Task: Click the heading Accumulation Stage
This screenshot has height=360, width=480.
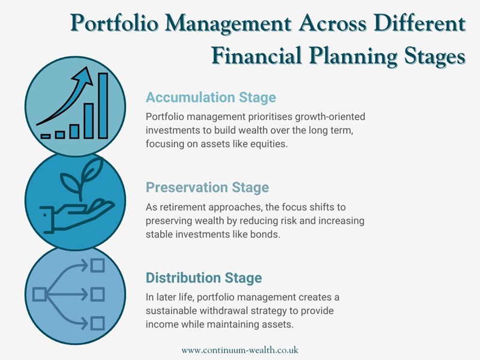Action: click(x=211, y=97)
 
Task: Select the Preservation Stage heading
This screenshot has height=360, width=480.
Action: click(x=207, y=188)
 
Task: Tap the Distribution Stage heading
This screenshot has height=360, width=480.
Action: click(x=203, y=278)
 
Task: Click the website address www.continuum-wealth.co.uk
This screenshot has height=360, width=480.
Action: click(x=240, y=349)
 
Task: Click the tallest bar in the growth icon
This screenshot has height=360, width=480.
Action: click(x=103, y=105)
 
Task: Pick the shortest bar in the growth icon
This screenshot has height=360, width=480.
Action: click(x=46, y=136)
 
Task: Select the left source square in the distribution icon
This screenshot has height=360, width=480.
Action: click(x=40, y=295)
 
